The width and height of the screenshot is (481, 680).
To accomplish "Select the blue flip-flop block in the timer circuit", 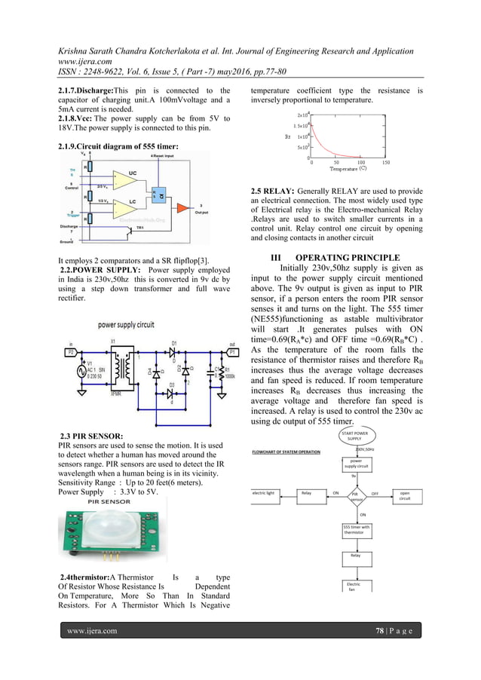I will [158, 194].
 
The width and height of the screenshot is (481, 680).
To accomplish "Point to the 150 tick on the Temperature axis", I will [385, 161].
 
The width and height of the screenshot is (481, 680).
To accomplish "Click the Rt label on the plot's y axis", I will [287, 136].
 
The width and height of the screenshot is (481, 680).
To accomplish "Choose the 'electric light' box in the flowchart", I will [265, 493].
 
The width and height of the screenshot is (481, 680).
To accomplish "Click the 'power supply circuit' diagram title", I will [126, 324].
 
